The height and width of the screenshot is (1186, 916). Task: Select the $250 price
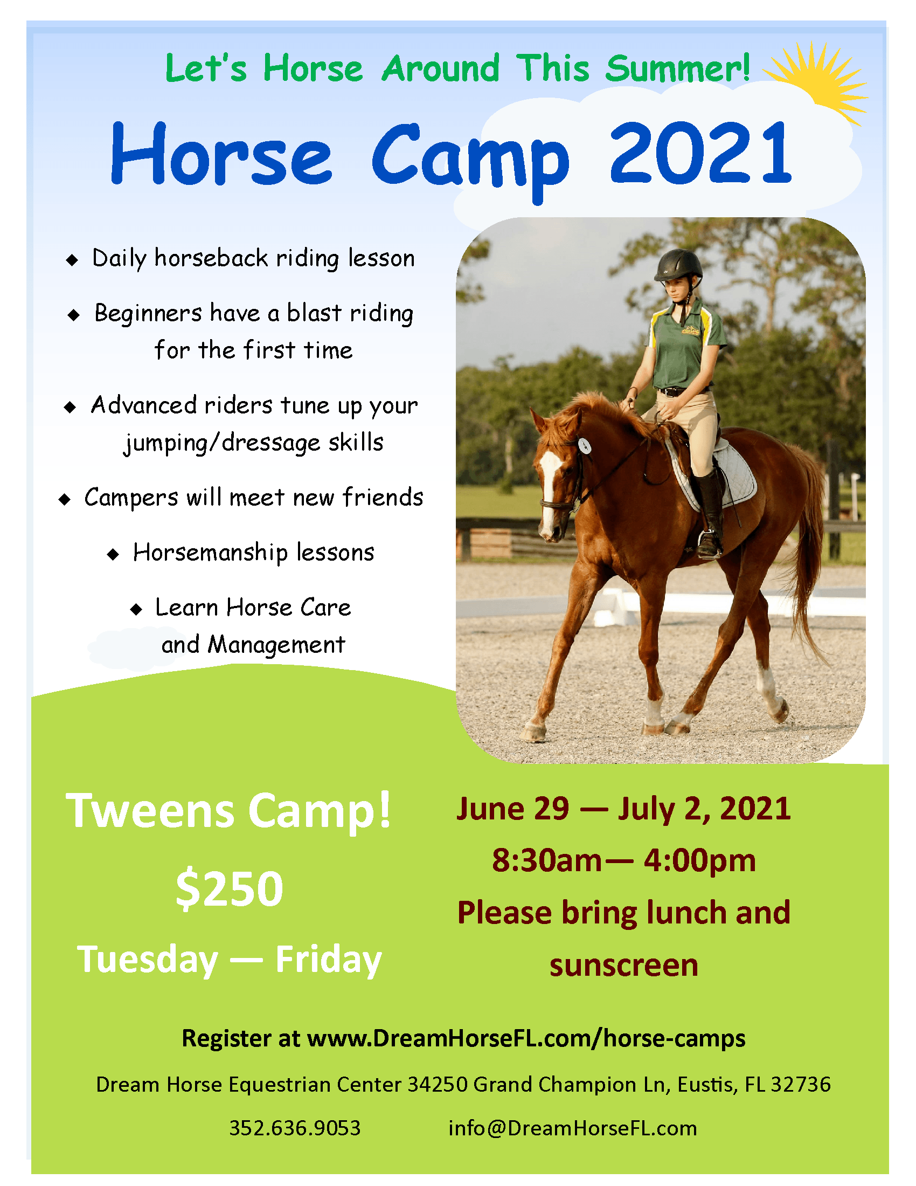pyautogui.click(x=230, y=889)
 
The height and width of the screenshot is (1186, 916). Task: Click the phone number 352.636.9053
pyautogui.click(x=295, y=1128)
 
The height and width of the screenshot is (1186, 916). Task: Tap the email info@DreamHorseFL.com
pyautogui.click(x=572, y=1128)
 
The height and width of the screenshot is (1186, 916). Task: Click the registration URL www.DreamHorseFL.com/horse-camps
pyautogui.click(x=526, y=1038)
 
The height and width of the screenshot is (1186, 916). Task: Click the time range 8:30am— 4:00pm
pyautogui.click(x=623, y=861)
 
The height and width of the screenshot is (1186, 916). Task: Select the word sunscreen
pyautogui.click(x=623, y=965)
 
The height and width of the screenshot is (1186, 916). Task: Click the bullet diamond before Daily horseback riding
pyautogui.click(x=72, y=260)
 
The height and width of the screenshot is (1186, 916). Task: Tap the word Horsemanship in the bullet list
pyautogui.click(x=210, y=553)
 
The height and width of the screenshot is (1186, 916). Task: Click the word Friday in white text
pyautogui.click(x=328, y=960)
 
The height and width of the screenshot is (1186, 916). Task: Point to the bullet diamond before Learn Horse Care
pyautogui.click(x=136, y=609)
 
